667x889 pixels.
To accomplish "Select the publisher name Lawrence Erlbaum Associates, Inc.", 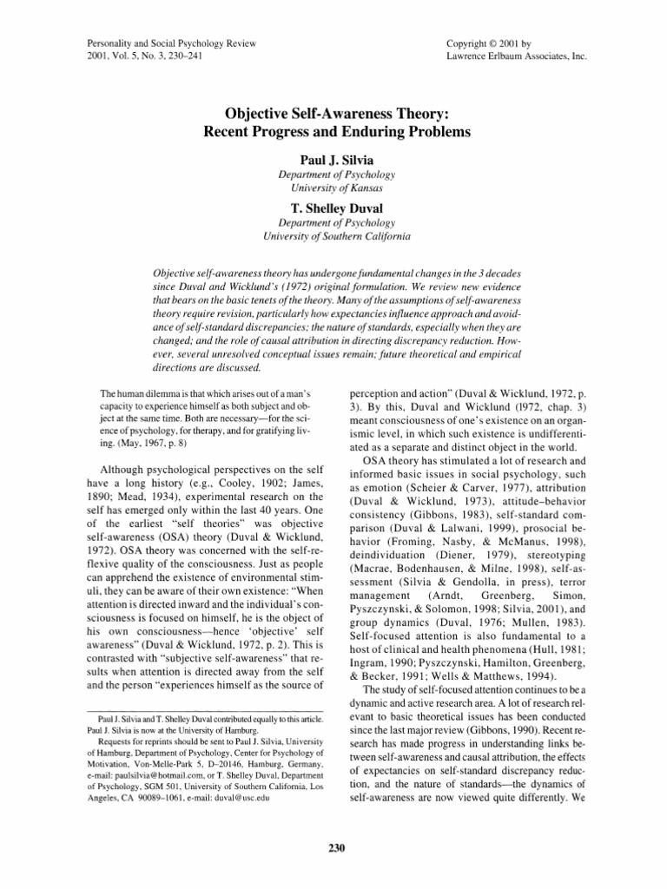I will click(512, 56).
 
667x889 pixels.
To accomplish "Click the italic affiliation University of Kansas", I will click(333, 188).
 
